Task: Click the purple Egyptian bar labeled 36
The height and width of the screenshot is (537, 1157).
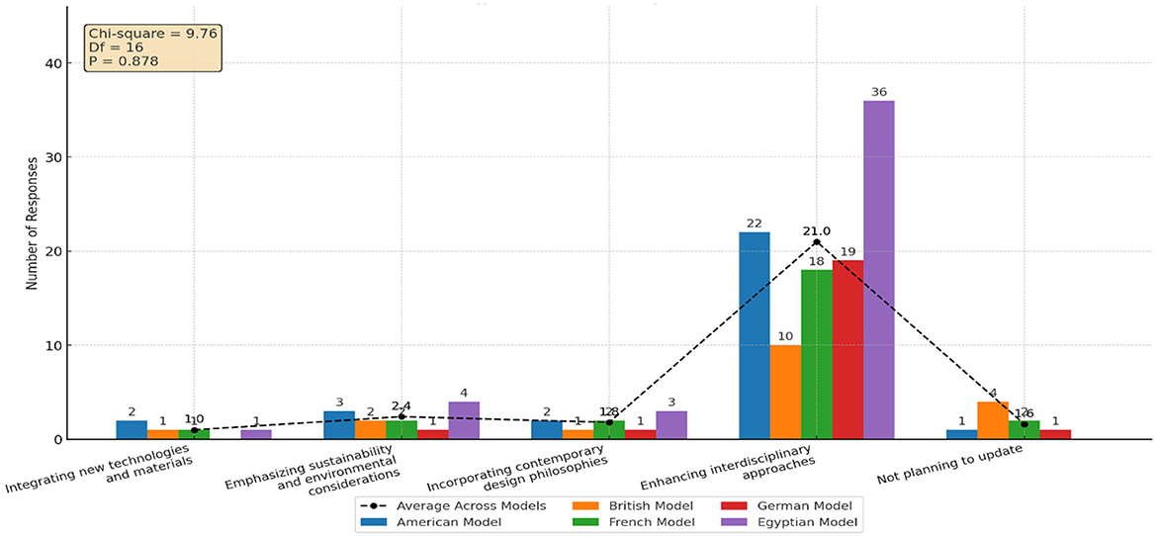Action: [x=879, y=269]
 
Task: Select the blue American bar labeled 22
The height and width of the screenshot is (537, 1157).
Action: [x=755, y=335]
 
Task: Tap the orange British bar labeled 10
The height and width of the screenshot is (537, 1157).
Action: [x=785, y=392]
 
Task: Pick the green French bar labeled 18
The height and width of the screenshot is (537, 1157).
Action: [x=816, y=354]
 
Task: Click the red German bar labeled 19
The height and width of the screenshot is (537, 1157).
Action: [x=847, y=349]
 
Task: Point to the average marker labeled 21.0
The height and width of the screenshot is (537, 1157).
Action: [x=817, y=242]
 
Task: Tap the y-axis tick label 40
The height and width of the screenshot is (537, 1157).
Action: [x=52, y=63]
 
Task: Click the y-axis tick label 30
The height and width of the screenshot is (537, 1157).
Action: [x=52, y=157]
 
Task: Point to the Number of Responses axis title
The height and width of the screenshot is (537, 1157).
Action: [x=31, y=224]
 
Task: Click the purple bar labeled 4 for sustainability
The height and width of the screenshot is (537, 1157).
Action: [x=464, y=420]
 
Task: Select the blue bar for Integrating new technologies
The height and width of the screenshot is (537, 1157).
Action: [x=132, y=430]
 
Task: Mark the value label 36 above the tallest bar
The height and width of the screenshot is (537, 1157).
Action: [x=879, y=92]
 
